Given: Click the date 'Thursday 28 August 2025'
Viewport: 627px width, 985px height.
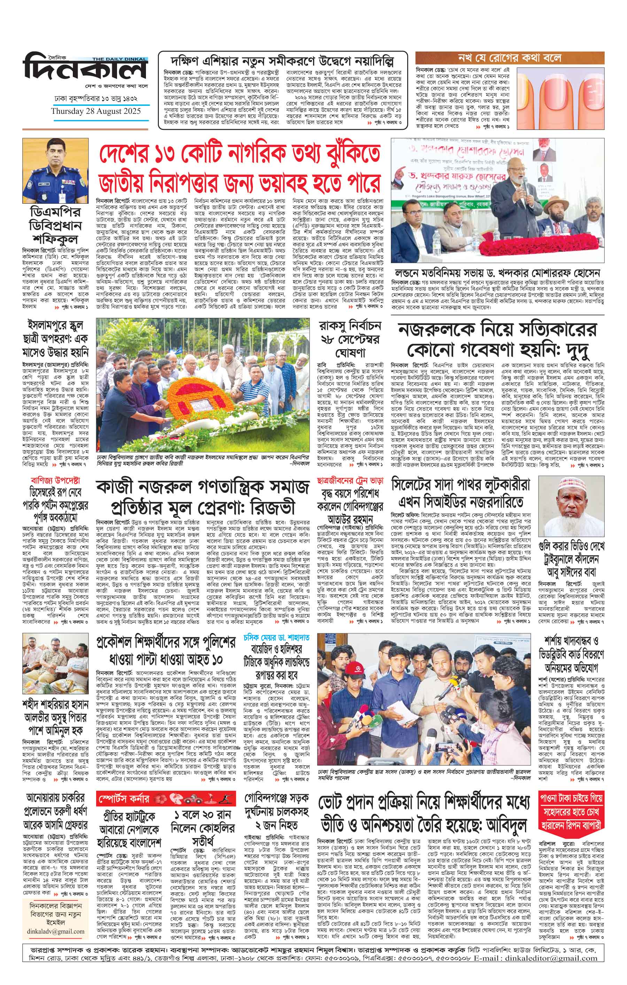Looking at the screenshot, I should coord(96,111).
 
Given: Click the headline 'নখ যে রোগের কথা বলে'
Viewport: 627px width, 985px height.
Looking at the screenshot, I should coord(509,57).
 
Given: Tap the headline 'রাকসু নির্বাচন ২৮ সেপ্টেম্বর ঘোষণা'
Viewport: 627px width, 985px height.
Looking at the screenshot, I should coord(350,339).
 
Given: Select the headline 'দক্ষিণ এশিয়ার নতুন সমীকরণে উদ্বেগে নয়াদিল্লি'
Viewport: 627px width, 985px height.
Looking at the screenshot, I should coord(282,61).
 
